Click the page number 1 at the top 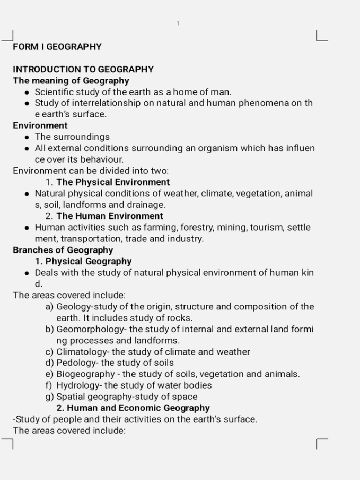click(x=178, y=23)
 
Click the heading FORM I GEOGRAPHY click(x=57, y=46)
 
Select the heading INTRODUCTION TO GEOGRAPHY click(x=83, y=69)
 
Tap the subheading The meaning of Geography click(x=71, y=81)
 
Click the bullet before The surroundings click(x=27, y=137)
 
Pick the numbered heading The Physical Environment click(x=113, y=182)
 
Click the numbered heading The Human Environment click(x=110, y=216)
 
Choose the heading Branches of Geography click(x=63, y=250)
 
